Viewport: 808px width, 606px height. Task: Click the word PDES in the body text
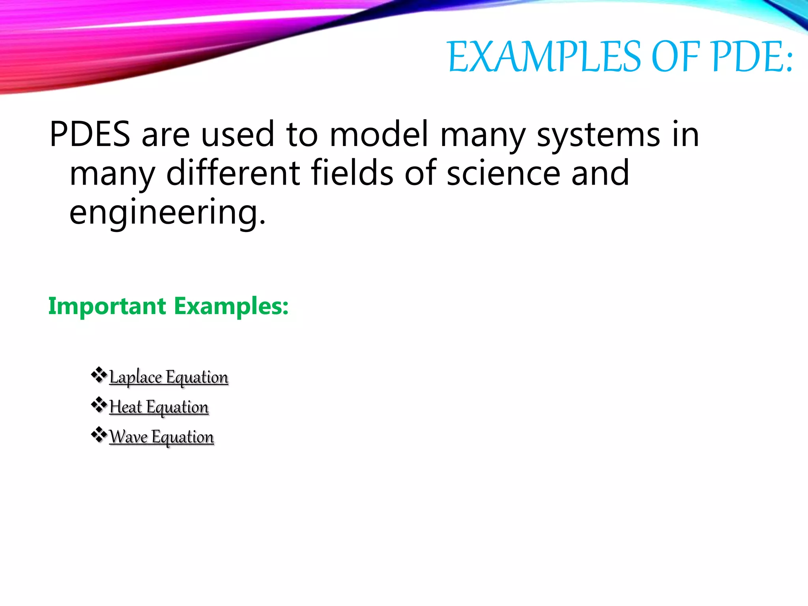(90, 135)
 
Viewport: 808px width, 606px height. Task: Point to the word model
(379, 135)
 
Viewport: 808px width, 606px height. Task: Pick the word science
(503, 174)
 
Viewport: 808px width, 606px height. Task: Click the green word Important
(107, 307)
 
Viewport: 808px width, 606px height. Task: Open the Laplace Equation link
(169, 377)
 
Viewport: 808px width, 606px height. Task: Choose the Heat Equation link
(159, 407)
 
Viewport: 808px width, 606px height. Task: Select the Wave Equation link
(162, 437)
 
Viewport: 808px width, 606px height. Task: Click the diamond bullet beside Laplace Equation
(99, 375)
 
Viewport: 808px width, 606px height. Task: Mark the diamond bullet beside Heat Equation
(99, 405)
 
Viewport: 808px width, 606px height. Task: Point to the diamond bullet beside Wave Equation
(99, 435)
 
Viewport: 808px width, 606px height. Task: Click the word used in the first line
(237, 135)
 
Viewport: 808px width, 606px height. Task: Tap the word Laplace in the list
(135, 377)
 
